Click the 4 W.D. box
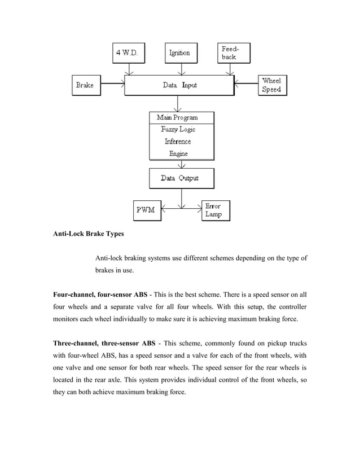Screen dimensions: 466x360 (130, 54)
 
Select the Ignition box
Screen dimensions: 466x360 (180, 54)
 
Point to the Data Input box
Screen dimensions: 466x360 (179, 86)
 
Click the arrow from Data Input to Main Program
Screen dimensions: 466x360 (179, 104)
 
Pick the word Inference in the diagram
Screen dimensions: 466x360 (178, 142)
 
